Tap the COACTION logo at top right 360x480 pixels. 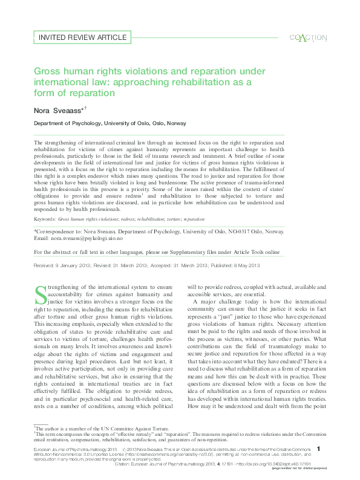[x=309, y=37]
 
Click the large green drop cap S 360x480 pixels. [x=41, y=295]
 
